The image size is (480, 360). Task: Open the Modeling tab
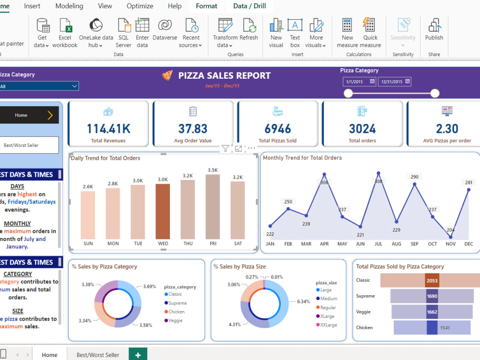69,6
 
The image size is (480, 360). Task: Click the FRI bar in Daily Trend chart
213,206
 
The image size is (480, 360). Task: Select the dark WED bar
163,211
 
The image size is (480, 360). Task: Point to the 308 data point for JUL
378,173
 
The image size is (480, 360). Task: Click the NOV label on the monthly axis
451,244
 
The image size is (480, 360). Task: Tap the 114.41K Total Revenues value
108,129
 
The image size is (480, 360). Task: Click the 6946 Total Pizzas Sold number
277,129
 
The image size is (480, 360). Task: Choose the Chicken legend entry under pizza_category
176,312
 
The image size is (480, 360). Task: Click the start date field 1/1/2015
360,82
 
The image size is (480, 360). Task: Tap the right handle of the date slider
435,93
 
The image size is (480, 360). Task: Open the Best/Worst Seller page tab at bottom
98,355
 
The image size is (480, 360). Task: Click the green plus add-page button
138,355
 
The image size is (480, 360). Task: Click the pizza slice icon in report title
167,75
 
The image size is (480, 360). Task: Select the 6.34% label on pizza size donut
304,301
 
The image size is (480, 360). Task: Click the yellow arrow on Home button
50,115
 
